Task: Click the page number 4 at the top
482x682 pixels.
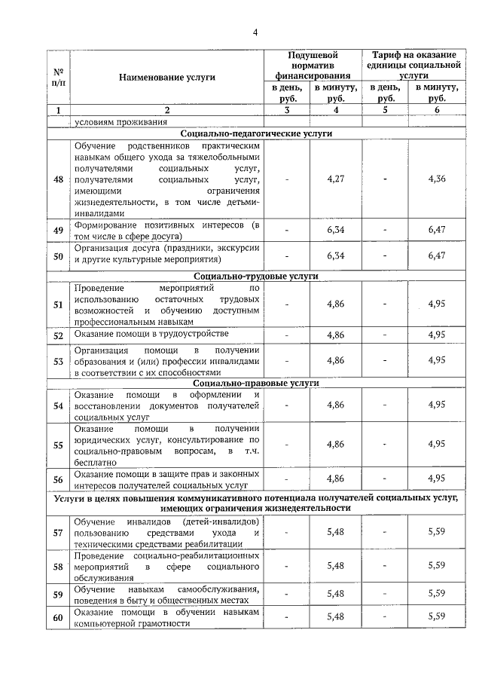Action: [x=255, y=32]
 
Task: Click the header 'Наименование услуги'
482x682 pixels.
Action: [x=166, y=78]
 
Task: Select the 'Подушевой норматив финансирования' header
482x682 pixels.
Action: [x=313, y=65]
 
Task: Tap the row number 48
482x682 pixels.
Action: [x=58, y=179]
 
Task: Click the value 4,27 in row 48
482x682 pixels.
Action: [x=336, y=179]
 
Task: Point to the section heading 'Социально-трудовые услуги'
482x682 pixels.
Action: [x=255, y=276]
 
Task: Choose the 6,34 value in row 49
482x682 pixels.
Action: [x=336, y=231]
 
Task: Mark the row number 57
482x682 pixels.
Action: [x=58, y=533]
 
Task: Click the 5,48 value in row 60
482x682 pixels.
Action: [x=336, y=617]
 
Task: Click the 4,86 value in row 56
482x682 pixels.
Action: [x=336, y=479]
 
